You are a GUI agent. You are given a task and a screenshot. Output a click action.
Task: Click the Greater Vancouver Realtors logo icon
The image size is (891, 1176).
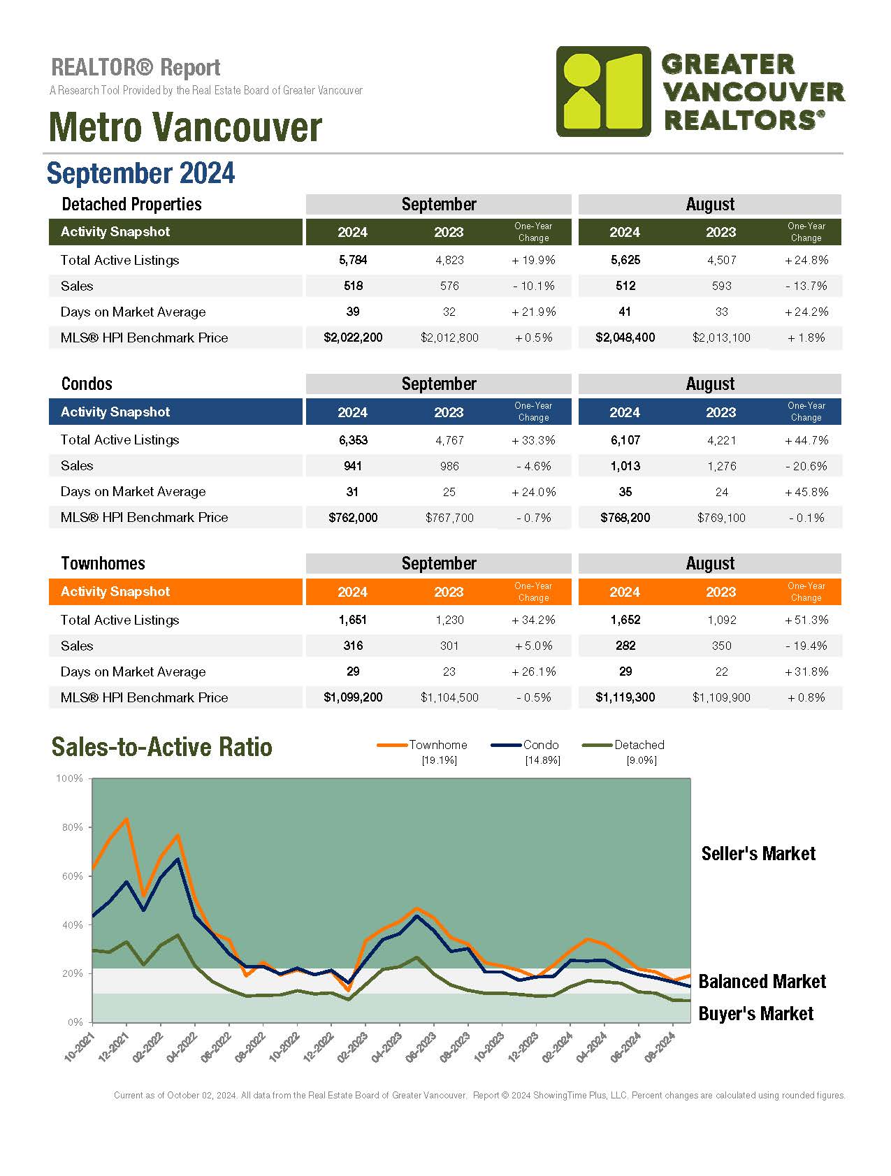pos(603,91)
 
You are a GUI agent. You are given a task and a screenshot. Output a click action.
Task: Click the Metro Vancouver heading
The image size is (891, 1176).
pos(185,127)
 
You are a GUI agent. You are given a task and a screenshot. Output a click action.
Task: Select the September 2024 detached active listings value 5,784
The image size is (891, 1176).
pos(353,260)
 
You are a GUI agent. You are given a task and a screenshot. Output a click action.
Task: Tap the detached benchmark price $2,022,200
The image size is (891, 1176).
pos(353,337)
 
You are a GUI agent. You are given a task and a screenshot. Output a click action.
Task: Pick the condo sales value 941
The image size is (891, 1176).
pos(353,465)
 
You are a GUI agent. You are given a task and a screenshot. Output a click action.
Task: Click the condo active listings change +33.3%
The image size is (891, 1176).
pos(533,440)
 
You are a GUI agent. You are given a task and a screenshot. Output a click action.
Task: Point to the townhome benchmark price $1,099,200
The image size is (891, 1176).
pos(353,697)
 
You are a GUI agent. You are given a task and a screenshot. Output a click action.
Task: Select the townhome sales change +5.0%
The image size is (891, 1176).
pos(533,646)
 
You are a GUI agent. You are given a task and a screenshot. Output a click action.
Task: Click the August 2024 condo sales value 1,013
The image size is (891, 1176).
pos(625,466)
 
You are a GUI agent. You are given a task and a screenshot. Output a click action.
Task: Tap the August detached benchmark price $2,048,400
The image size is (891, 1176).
pos(625,337)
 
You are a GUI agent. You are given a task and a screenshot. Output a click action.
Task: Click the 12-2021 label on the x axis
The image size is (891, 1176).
pos(114,1047)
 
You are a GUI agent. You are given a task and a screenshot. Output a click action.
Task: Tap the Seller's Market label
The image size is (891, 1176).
pos(758,853)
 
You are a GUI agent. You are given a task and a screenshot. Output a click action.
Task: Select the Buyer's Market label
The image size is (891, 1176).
pos(755,1013)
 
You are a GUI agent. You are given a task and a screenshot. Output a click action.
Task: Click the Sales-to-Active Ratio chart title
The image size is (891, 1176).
pos(161,747)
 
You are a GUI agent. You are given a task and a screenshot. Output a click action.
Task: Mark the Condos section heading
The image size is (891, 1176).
pos(87,384)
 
